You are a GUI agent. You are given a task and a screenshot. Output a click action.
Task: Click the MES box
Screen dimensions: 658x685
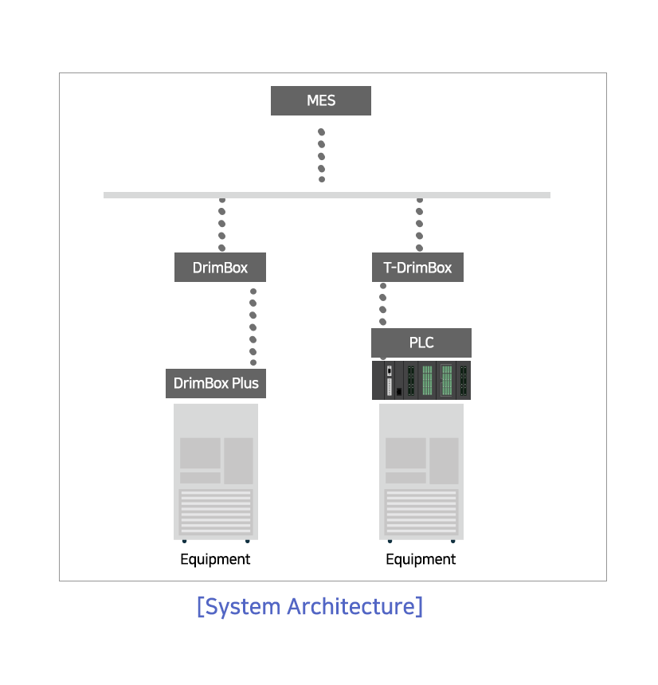click(x=321, y=101)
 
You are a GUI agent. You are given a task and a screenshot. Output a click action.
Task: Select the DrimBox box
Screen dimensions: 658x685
click(x=220, y=268)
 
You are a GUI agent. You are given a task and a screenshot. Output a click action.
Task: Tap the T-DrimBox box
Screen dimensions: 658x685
click(x=417, y=268)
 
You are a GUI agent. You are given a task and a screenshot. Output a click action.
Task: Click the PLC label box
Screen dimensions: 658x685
click(x=421, y=343)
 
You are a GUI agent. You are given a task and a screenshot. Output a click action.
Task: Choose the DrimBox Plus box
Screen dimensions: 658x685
click(x=216, y=384)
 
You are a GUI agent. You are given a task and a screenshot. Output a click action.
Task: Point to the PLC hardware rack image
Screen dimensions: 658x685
click(x=421, y=380)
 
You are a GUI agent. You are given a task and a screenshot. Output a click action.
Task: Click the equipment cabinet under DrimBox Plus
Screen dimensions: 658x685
click(x=216, y=472)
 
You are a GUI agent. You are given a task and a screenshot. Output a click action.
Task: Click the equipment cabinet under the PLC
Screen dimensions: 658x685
click(x=421, y=472)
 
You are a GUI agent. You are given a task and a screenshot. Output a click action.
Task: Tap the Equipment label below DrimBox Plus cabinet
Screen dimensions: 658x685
click(x=215, y=559)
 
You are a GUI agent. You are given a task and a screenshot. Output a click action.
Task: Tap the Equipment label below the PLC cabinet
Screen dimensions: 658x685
click(x=421, y=559)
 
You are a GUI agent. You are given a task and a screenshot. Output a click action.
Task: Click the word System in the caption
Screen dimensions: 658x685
click(x=242, y=607)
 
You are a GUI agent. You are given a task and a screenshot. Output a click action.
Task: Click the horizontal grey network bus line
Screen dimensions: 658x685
click(x=327, y=195)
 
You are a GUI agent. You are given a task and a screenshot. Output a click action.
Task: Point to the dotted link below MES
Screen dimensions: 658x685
click(x=322, y=155)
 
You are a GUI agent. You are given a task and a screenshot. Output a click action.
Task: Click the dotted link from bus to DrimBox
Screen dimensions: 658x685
click(x=222, y=224)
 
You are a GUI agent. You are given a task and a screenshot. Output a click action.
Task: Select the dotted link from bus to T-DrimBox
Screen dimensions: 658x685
click(x=420, y=224)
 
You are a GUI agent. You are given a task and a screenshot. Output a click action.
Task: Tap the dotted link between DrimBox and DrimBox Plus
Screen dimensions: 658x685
click(x=253, y=327)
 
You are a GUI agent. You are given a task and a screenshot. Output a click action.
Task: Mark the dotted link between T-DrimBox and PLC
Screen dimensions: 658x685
click(x=382, y=304)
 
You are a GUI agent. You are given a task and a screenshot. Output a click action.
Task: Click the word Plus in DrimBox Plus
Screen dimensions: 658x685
click(x=245, y=384)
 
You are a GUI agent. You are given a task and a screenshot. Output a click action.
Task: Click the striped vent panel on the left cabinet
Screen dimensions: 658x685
click(x=216, y=512)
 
